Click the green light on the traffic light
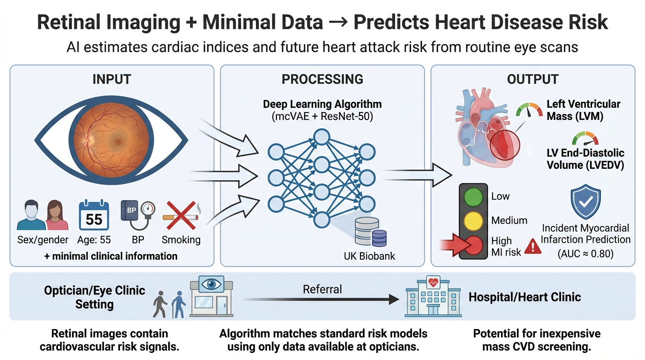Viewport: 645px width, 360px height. coord(472,197)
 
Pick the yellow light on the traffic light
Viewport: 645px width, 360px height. coord(472,220)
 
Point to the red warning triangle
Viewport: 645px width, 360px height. coord(533,246)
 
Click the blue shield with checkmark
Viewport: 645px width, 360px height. coord(585,202)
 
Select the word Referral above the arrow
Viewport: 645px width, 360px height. coord(322,289)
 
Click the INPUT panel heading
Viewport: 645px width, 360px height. coord(112,79)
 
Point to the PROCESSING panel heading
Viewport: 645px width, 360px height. coord(322,79)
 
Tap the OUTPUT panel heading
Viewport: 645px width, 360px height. coord(533,79)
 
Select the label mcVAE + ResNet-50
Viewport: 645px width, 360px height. coord(322,116)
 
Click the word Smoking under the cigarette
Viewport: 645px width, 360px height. coord(181,240)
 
